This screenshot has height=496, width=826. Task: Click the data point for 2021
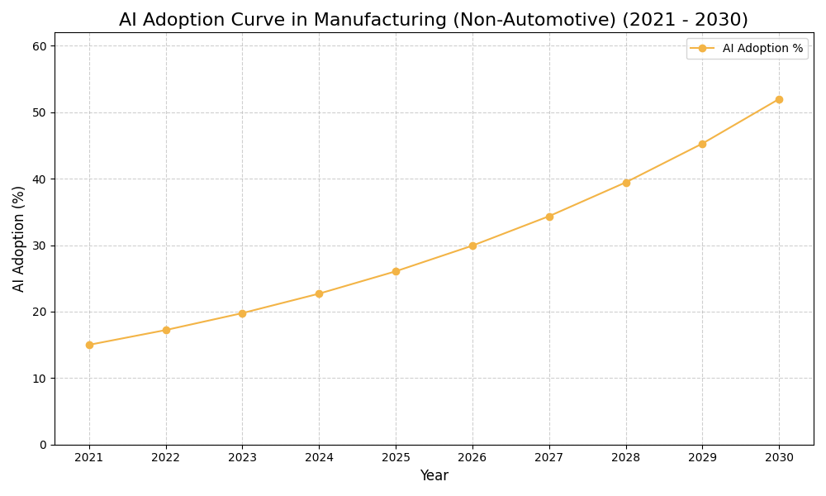point(89,345)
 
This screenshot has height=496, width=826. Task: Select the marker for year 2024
point(319,293)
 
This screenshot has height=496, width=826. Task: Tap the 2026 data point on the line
point(472,246)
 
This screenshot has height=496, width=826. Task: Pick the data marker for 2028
point(626,183)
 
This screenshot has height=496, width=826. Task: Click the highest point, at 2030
point(779,99)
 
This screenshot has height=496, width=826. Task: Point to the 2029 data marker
point(702,144)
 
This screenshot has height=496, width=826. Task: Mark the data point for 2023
point(242,313)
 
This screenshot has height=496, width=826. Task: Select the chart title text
point(434,20)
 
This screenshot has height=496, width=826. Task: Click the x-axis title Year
point(434,476)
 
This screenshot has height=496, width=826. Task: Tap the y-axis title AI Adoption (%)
point(19,238)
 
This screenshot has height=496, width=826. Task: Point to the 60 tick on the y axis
point(39,46)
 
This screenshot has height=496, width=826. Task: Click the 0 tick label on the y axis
point(42,445)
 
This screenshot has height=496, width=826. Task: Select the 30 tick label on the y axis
point(39,246)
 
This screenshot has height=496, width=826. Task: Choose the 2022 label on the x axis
point(166,458)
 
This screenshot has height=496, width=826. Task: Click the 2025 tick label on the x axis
point(396,458)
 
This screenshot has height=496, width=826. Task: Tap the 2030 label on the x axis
point(779,458)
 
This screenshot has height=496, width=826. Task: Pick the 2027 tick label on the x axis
point(549,458)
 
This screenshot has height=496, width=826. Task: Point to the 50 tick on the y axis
point(39,112)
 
